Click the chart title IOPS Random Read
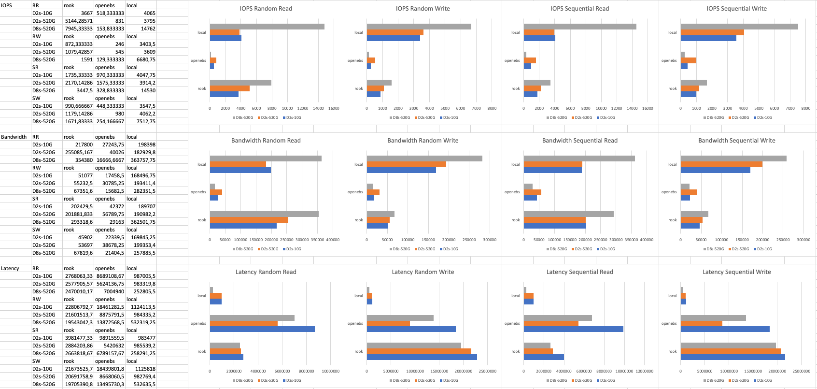266,9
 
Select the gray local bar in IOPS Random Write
419,27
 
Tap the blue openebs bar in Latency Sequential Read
573,329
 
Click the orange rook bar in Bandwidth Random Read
249,220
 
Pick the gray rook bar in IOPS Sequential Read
537,83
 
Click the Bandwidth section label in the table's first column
14,137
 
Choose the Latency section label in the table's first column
10,268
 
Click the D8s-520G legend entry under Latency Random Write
400,380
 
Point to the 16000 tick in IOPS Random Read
334,108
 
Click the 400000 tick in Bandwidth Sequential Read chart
646,240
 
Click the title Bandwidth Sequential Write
736,141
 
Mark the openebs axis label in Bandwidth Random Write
355,192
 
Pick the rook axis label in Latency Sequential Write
673,351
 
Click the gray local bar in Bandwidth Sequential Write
733,158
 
